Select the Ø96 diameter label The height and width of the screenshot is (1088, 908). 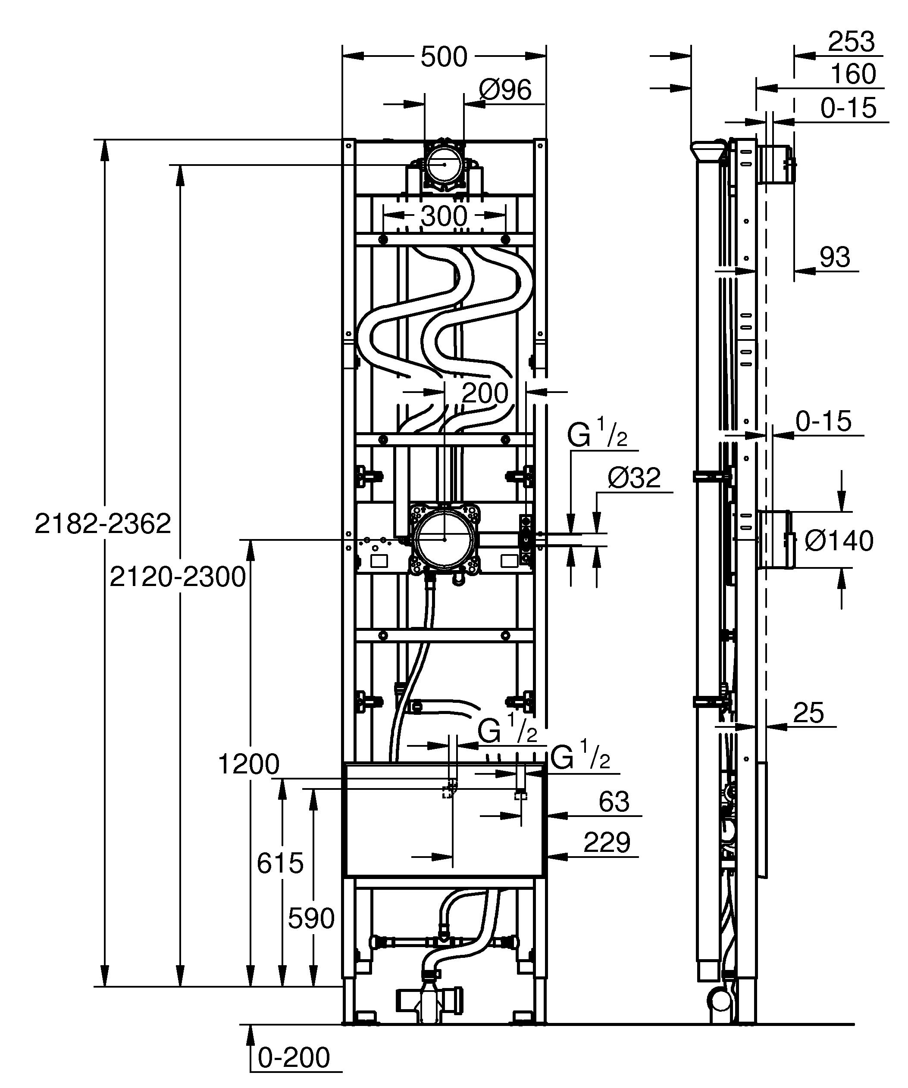pos(505,90)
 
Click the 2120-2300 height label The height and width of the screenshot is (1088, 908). pos(177,577)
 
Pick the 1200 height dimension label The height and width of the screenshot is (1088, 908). pos(248,764)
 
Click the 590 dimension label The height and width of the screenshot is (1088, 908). pos(311,919)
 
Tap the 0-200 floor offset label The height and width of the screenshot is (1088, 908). pos(294,1057)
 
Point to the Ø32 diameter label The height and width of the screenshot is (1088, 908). pos(634,478)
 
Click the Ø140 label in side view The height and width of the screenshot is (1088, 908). pos(839,541)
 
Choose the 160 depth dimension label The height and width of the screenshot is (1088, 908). pos(853,74)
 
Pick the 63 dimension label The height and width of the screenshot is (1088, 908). pos(614,801)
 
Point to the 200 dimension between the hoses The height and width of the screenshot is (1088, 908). pos(485,393)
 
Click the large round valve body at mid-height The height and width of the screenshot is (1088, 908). pos(445,539)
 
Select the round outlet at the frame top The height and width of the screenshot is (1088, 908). pos(444,164)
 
